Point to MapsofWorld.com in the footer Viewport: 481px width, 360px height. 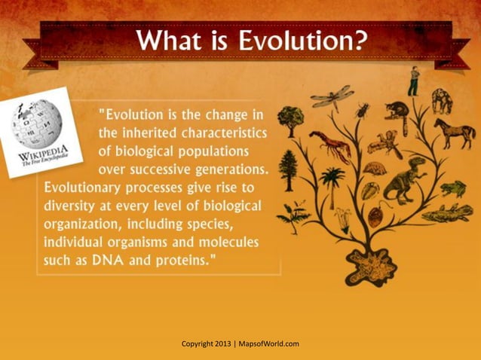[269, 344]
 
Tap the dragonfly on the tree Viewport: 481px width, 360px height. [332, 95]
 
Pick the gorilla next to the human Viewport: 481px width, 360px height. [441, 99]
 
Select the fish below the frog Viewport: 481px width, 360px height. [448, 213]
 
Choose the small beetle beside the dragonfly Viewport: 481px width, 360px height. [363, 111]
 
